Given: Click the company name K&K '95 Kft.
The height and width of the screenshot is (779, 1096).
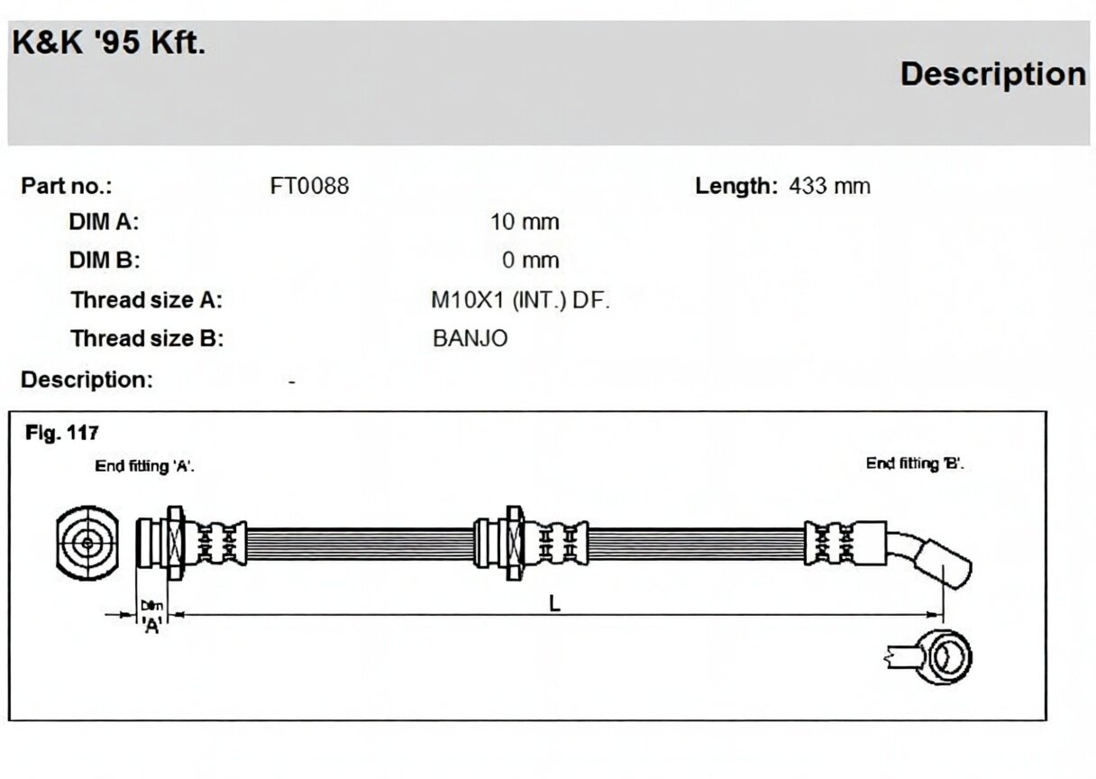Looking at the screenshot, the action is click(109, 42).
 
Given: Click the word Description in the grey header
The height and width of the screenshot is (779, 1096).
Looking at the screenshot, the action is click(992, 74).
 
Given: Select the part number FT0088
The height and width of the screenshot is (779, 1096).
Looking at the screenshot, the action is click(309, 186).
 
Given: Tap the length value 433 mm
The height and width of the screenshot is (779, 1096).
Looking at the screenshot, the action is click(829, 186).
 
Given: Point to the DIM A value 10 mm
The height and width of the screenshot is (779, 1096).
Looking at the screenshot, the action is click(525, 222).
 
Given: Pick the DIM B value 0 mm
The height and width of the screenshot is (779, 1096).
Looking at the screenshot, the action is click(530, 260).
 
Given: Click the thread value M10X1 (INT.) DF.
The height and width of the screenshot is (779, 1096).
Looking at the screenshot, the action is click(520, 300).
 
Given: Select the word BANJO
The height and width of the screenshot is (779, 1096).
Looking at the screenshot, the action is click(470, 338).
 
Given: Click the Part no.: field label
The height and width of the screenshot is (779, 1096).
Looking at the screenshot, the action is click(67, 186).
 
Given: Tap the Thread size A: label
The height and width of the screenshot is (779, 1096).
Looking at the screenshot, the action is click(146, 300).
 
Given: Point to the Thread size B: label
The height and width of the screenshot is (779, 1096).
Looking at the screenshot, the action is click(147, 338).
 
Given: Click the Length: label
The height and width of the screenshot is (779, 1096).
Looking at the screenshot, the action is click(736, 187).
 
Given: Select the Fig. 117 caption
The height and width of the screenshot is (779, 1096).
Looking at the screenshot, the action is click(61, 433).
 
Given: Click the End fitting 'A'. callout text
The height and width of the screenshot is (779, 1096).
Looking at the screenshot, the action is click(144, 466).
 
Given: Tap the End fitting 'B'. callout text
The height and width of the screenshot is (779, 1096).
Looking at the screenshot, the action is click(915, 463).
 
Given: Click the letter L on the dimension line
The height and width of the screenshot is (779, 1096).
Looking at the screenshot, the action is click(554, 603).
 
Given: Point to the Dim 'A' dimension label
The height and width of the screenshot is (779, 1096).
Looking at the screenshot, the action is click(151, 616).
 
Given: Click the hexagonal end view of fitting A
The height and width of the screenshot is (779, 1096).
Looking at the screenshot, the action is click(87, 543).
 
